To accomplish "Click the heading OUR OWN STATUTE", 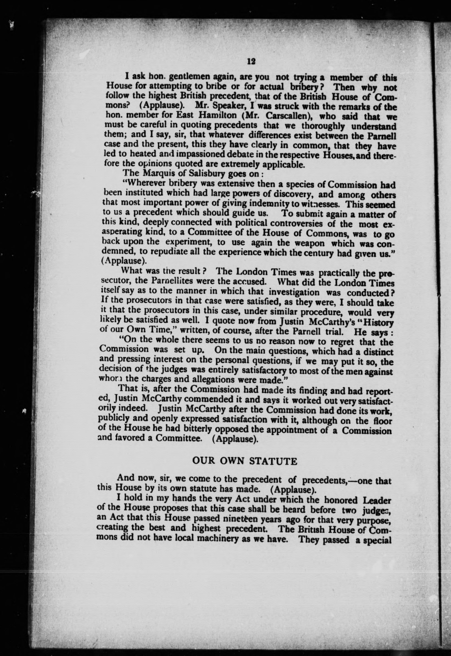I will (244, 462).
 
